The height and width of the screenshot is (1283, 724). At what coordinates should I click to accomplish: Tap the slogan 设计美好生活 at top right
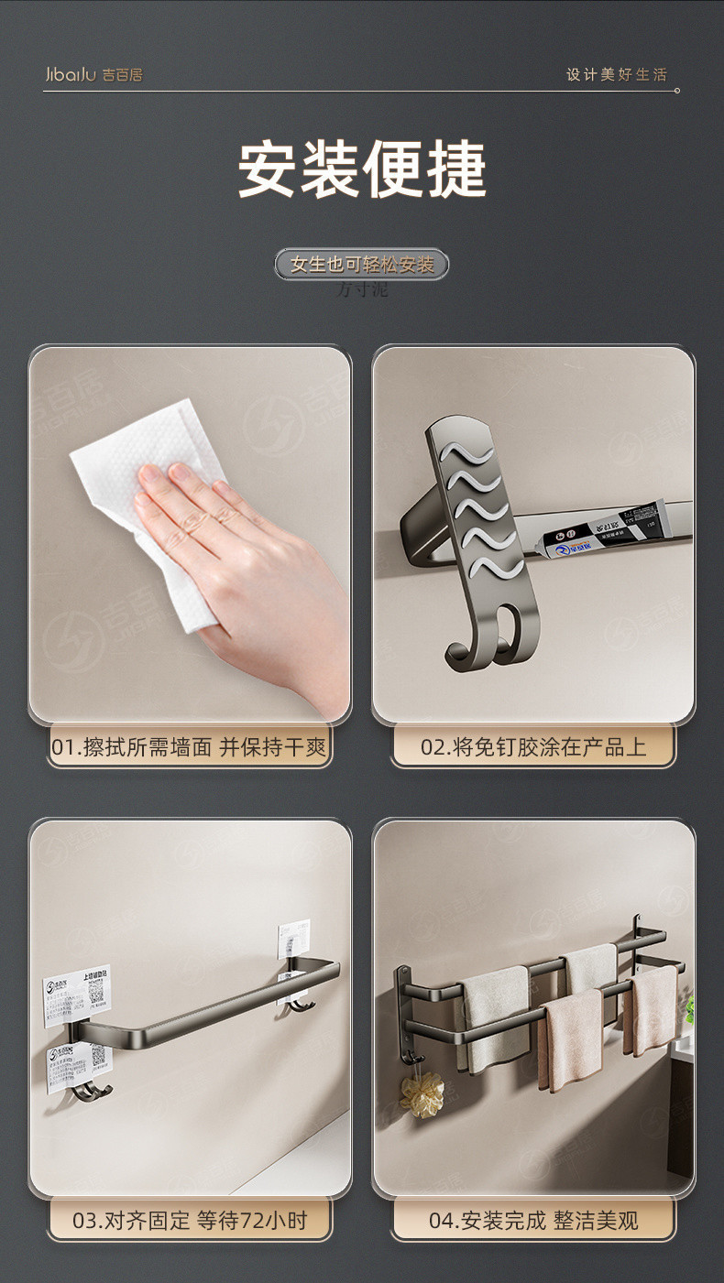point(616,74)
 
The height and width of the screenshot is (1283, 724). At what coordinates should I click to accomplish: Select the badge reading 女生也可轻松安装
point(362,265)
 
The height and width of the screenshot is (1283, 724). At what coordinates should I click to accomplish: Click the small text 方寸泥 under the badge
point(362,290)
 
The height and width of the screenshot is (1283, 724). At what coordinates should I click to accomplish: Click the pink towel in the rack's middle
point(573,1039)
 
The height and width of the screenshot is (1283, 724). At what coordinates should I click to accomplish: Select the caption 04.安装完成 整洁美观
point(533,1220)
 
